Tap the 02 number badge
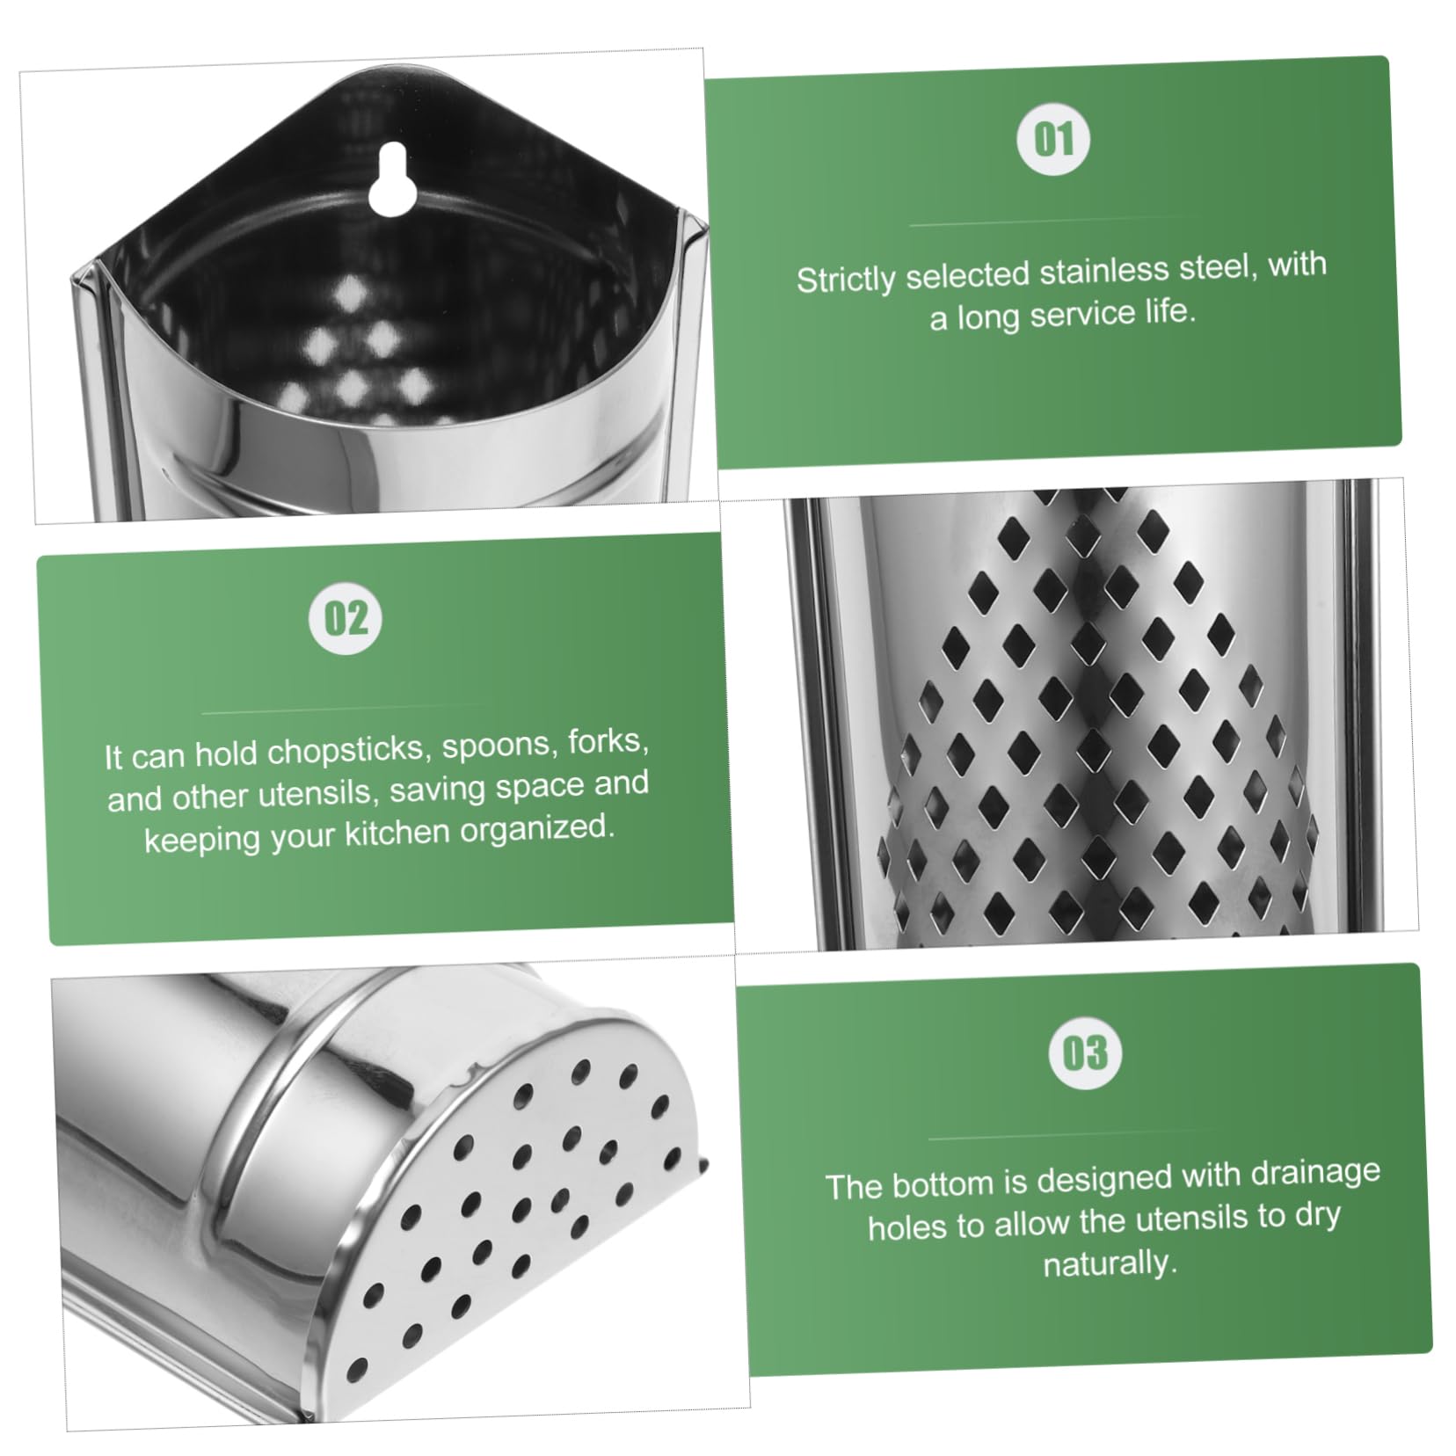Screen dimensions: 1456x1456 click(346, 618)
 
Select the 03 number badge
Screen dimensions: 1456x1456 click(1085, 1053)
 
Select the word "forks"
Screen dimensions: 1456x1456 click(608, 742)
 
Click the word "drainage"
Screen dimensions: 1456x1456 click(1314, 1173)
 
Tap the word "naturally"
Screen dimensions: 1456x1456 click(1109, 1263)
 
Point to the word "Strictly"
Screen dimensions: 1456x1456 click(845, 280)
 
